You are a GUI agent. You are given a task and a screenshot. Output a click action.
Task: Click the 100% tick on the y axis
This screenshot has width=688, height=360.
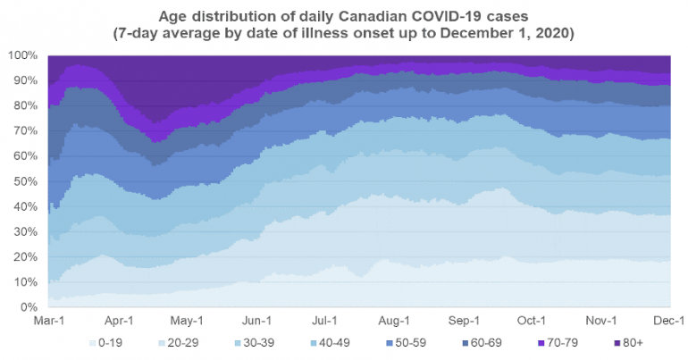pyautogui.click(x=22, y=55)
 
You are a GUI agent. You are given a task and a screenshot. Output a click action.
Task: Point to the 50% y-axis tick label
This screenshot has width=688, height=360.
pyautogui.click(x=25, y=181)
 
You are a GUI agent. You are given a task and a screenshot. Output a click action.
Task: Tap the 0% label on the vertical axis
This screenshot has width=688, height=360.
pyautogui.click(x=29, y=307)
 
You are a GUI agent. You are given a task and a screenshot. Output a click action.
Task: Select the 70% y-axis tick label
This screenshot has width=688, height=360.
pyautogui.click(x=25, y=131)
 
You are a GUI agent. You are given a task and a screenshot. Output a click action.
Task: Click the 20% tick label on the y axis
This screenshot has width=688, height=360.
pyautogui.click(x=25, y=257)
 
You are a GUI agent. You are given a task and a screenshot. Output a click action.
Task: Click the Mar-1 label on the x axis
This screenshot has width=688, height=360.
pyautogui.click(x=47, y=320)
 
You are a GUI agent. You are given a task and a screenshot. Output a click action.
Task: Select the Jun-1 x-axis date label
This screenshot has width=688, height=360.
pyautogui.click(x=257, y=320)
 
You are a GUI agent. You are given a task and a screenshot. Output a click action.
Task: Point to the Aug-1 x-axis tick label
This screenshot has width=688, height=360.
pyautogui.click(x=394, y=320)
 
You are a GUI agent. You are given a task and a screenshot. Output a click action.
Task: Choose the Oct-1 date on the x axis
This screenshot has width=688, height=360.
pyautogui.click(x=533, y=320)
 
